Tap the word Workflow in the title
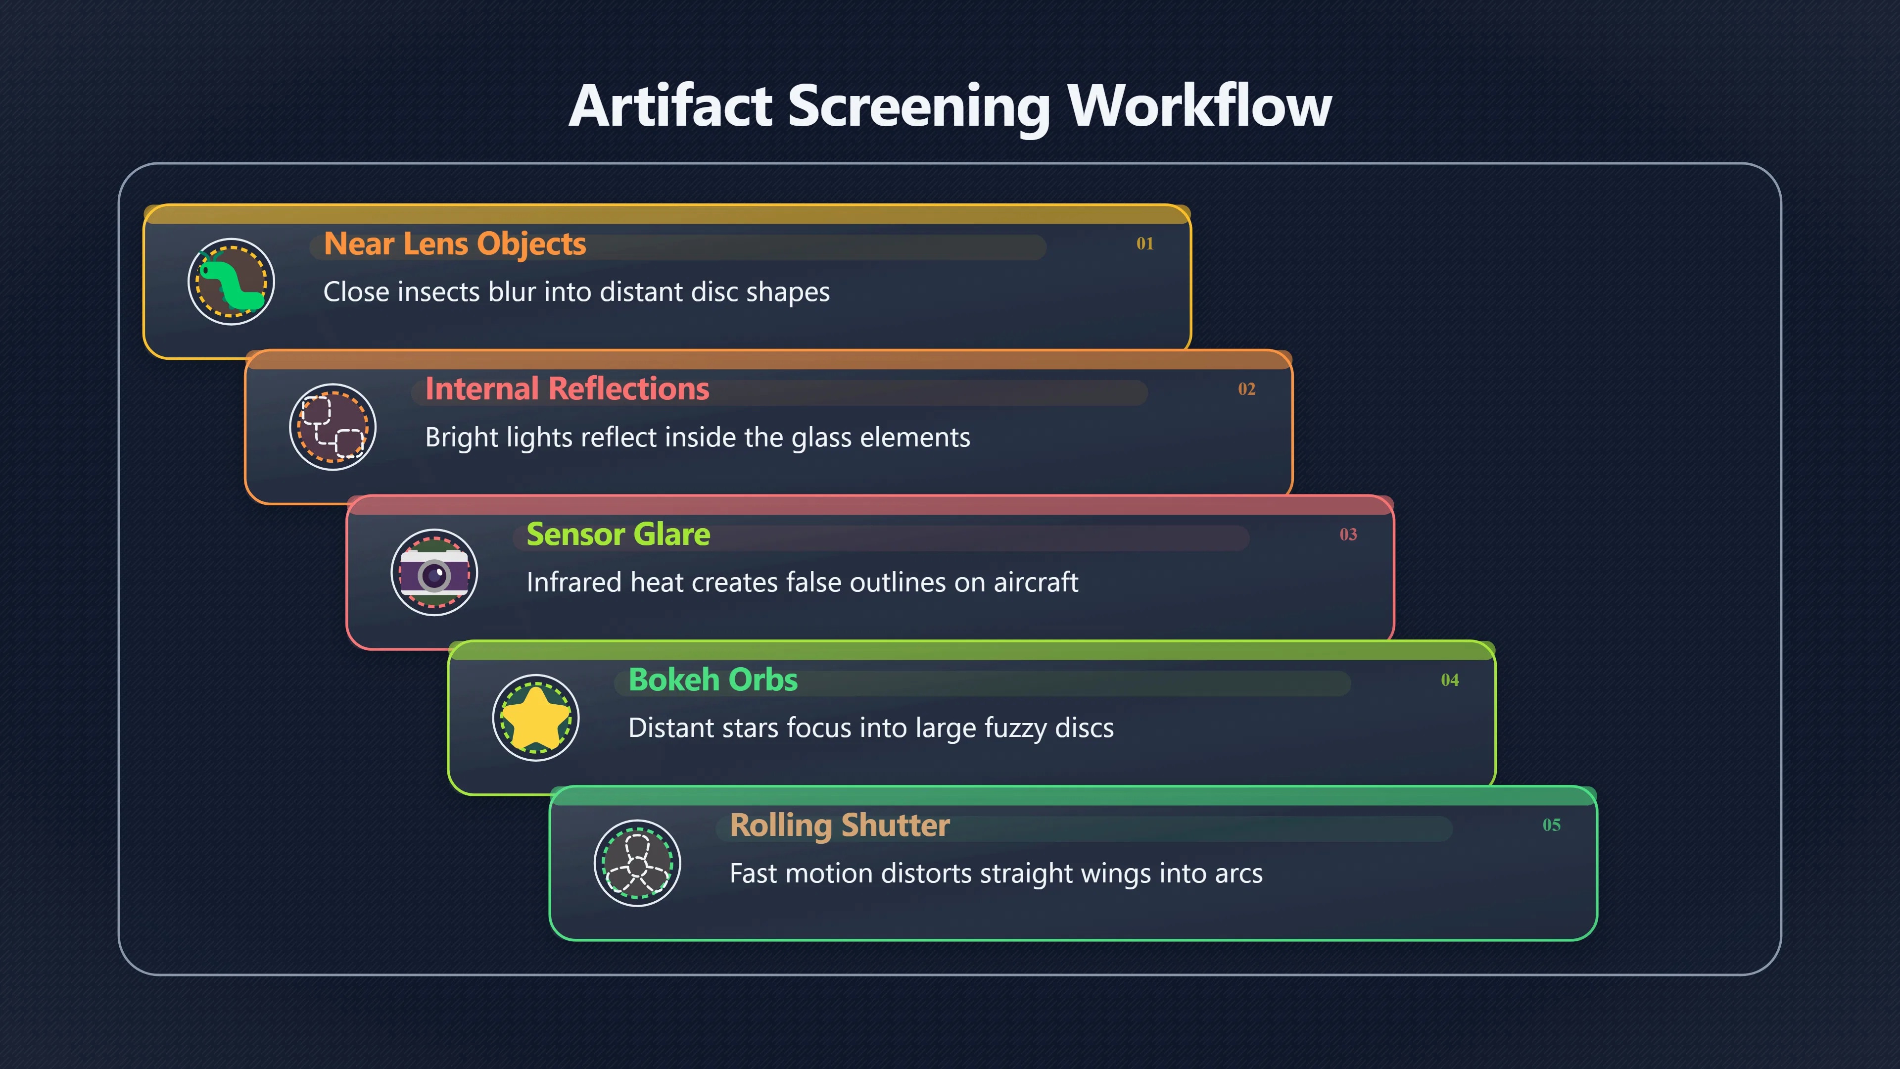(1199, 106)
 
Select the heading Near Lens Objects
(454, 244)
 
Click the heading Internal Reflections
(567, 389)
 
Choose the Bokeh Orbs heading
(712, 680)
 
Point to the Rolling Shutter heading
(839, 826)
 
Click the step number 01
(1145, 243)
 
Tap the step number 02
(1246, 389)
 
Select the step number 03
(1348, 534)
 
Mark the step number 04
(1450, 680)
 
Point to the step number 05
(1552, 825)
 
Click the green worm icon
(232, 282)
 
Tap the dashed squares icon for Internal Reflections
(332, 427)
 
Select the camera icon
(434, 573)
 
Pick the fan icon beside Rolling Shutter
(637, 863)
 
